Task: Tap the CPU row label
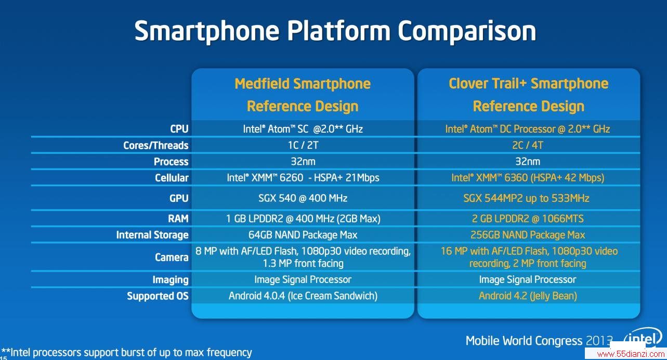(x=179, y=128)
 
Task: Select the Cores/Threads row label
(x=156, y=146)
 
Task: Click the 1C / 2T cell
(x=303, y=145)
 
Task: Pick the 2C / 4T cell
(x=528, y=145)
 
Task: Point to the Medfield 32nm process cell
(x=303, y=161)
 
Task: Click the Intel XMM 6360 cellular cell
(x=528, y=177)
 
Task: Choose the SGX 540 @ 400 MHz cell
(x=303, y=198)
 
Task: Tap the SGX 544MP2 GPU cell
(x=526, y=198)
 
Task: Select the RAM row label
(x=178, y=218)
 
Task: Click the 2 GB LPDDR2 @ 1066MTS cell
(x=528, y=218)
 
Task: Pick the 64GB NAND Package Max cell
(x=303, y=235)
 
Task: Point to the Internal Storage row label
(x=152, y=235)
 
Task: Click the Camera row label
(x=172, y=257)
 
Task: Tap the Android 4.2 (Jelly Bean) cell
(x=528, y=296)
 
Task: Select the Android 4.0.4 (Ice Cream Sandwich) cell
(x=303, y=296)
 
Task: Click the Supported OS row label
(x=158, y=296)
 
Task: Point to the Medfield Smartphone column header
(x=303, y=95)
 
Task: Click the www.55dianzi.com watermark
(x=631, y=354)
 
